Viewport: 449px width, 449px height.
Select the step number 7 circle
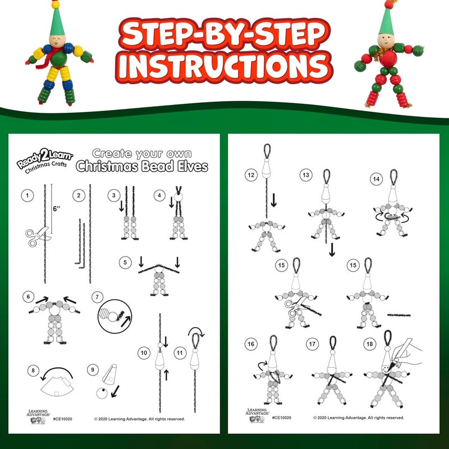coord(98,297)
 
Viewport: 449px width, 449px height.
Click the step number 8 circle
coord(33,370)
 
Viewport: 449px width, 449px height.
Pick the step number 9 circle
coord(92,370)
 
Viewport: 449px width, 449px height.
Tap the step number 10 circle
coord(144,352)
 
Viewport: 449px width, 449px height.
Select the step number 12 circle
coord(250,175)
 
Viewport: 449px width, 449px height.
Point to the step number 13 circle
coord(305,175)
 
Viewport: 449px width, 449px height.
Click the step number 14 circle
coord(375,179)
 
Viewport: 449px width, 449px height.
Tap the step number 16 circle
coord(251,343)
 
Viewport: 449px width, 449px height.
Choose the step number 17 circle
coord(312,343)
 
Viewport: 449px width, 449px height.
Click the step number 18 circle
coord(369,343)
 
